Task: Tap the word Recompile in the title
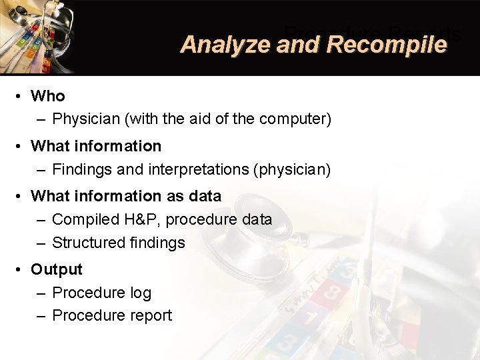coord(387,45)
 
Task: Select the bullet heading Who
coord(48,96)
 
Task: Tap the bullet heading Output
coord(57,269)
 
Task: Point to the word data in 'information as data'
coord(205,196)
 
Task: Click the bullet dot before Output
coord(21,269)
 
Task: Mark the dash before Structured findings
coord(41,243)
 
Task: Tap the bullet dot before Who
coord(21,96)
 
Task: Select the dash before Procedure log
coord(41,293)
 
